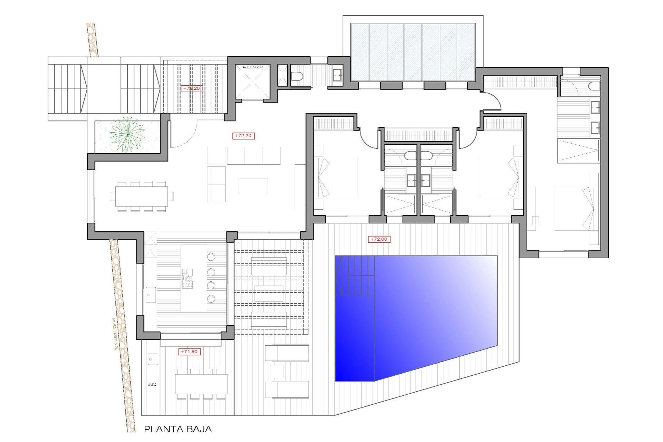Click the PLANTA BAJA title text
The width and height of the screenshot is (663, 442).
pos(177,429)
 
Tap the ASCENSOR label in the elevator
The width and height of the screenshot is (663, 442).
pos(253,67)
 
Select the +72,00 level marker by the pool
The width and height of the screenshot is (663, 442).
pos(379,239)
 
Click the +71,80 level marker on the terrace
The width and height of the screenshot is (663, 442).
pos(190,352)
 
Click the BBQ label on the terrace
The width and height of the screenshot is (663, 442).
pos(152,384)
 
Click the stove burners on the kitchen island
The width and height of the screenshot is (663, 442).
pos(187,278)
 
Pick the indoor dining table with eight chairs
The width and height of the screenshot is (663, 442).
pos(142,196)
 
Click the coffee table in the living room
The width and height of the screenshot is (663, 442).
pos(253,186)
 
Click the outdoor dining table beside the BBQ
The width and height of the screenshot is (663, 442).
pos(201,384)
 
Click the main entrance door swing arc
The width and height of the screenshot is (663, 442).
pos(185,136)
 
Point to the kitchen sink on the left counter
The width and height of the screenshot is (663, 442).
pos(150,295)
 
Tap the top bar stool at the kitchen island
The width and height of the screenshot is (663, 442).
pos(211,257)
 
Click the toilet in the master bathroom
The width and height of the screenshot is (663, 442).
pos(594,86)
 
